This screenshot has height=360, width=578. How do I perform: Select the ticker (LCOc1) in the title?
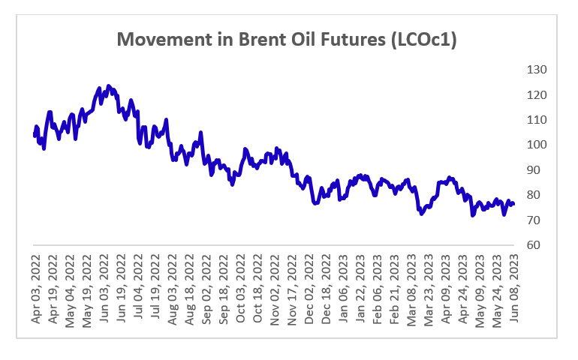418,40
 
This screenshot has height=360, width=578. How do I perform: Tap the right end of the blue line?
513,204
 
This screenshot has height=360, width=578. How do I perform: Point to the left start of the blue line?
35,134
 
